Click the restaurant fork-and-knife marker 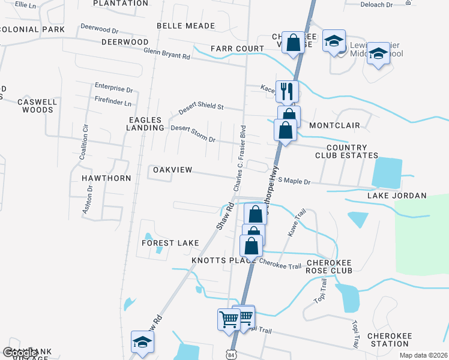[x=286, y=91]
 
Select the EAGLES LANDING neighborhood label [x=146, y=124]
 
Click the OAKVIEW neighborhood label [x=172, y=170]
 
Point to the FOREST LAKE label [x=170, y=243]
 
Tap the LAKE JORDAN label [x=396, y=196]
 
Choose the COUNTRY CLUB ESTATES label [x=347, y=151]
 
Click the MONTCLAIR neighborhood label [x=334, y=125]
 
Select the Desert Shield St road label [x=201, y=108]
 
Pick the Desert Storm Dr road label [x=193, y=133]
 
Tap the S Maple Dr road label [x=294, y=181]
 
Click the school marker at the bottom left [x=142, y=341]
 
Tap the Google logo [x=20, y=353]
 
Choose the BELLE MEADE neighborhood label [x=177, y=26]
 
